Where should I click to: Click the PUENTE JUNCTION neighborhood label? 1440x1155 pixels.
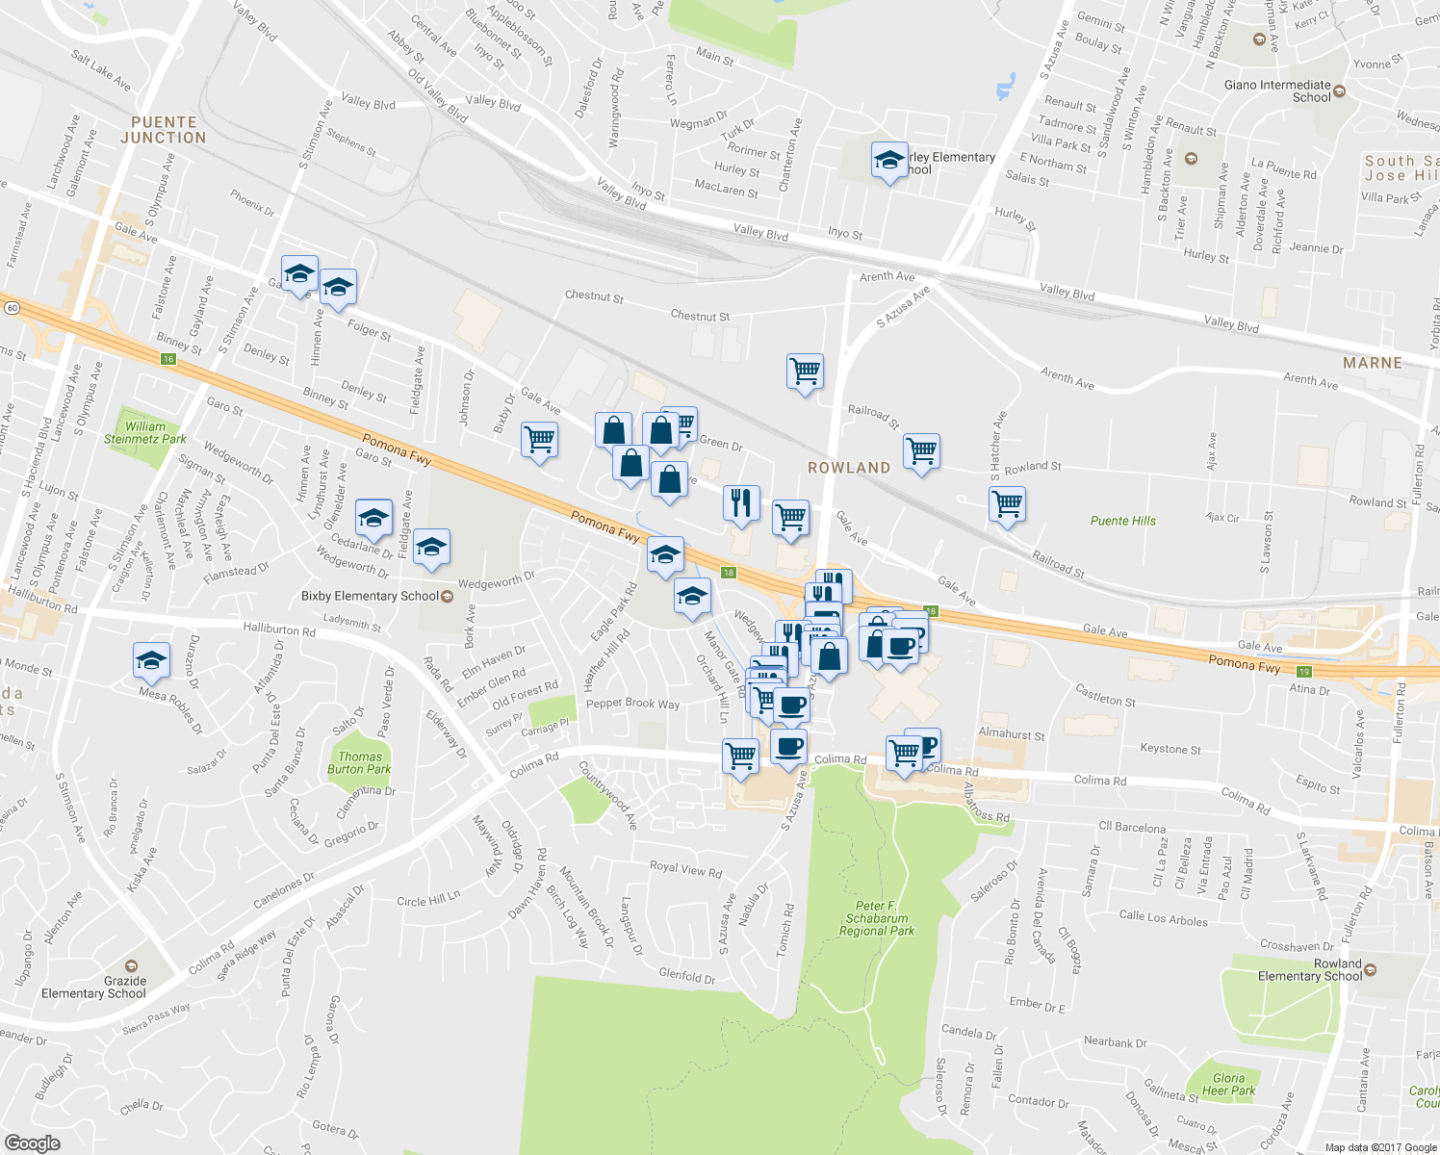(x=163, y=130)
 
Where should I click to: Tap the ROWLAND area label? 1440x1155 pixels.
(x=848, y=468)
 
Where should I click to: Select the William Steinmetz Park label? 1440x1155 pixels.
(x=145, y=432)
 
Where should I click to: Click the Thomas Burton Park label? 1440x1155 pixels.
(x=359, y=762)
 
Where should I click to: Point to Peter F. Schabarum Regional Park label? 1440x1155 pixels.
(x=876, y=918)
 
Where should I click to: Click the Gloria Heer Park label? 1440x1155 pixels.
(x=1228, y=1084)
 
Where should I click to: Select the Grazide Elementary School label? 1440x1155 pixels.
(x=93, y=987)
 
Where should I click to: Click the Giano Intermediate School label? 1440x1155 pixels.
(x=1277, y=90)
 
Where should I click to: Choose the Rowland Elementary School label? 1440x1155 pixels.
(x=1310, y=970)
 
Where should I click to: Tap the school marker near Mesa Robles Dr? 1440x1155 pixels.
(x=151, y=660)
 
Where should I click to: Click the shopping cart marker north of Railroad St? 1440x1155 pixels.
(x=805, y=371)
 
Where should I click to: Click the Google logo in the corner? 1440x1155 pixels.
(x=32, y=1142)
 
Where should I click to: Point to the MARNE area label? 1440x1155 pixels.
(x=1372, y=363)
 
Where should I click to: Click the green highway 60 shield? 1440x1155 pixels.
(x=12, y=308)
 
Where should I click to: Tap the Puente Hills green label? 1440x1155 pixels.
(x=1122, y=521)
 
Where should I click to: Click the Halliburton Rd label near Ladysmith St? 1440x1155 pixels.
(x=279, y=630)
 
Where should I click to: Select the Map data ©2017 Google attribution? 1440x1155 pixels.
(x=1379, y=1147)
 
